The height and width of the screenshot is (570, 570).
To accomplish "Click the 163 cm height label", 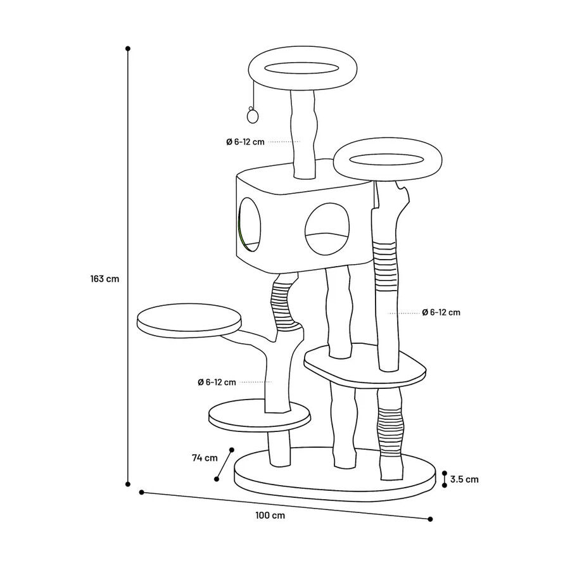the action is [x=104, y=279].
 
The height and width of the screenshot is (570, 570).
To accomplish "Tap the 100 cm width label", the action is [x=270, y=516].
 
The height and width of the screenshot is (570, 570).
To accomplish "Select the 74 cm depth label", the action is [x=205, y=458].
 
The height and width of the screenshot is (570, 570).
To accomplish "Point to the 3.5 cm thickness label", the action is [x=464, y=479].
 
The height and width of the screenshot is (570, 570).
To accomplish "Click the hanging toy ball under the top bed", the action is [x=252, y=116].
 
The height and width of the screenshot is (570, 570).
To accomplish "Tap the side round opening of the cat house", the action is [x=250, y=225].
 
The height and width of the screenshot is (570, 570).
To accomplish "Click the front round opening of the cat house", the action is [x=327, y=228].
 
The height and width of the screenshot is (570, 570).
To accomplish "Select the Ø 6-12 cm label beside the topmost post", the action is [x=245, y=142].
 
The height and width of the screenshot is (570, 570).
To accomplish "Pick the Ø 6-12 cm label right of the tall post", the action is [x=441, y=312].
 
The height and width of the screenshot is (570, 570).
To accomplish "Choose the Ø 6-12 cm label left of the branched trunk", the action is [x=217, y=382].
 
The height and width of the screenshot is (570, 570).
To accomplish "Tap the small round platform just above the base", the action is [x=260, y=417].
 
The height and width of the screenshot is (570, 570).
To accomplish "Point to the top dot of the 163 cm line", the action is [x=127, y=48].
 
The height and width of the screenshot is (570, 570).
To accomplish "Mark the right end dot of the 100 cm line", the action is [x=431, y=519].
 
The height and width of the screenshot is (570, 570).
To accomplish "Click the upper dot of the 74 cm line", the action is [x=232, y=450].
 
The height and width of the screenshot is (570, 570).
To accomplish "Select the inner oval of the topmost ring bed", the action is [x=302, y=68].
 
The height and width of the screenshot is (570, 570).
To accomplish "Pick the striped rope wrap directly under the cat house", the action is [x=282, y=303].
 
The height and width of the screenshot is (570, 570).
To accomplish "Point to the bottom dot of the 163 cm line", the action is [x=127, y=484].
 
